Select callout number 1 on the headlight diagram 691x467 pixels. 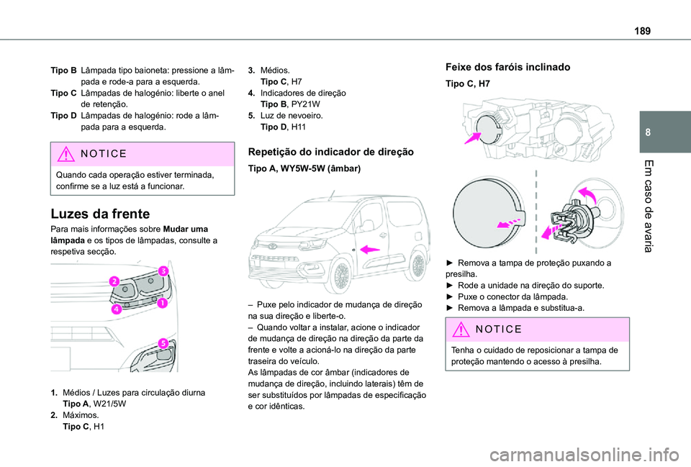(163, 304)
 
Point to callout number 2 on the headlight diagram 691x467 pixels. (114, 281)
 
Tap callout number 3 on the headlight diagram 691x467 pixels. (163, 271)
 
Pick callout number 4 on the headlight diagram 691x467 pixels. (115, 309)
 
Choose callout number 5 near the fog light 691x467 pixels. (163, 343)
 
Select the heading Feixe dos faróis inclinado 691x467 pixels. (507, 67)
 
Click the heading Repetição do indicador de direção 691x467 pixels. (330, 152)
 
